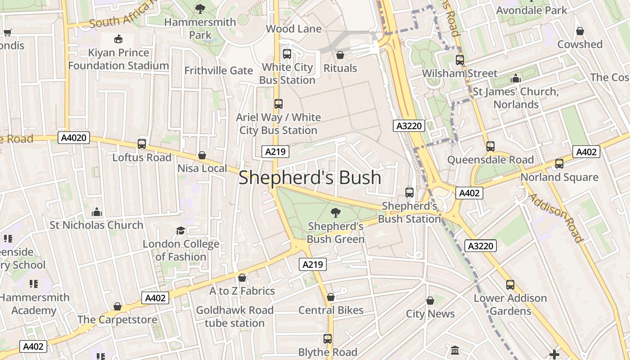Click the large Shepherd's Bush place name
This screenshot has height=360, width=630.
[310, 178]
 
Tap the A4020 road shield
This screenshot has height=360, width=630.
[74, 138]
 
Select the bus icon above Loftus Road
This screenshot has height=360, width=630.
[142, 144]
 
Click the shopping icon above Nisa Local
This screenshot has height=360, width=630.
[202, 155]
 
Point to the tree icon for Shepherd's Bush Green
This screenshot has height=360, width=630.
[335, 212]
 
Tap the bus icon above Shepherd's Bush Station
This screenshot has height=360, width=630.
[409, 193]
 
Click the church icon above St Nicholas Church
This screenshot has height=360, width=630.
[96, 212]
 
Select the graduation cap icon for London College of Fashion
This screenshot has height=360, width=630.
[180, 231]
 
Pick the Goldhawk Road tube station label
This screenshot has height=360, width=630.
[234, 316]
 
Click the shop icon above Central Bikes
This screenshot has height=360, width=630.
[331, 297]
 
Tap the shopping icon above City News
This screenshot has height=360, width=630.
[430, 301]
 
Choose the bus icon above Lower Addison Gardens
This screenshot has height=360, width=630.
[510, 285]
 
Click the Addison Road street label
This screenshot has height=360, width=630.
[555, 217]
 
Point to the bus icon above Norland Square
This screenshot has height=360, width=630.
[559, 164]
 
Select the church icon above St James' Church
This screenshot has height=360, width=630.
[516, 79]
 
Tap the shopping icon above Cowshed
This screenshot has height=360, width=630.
[580, 31]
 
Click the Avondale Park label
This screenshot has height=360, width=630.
[531, 10]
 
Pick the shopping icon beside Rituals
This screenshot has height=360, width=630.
[340, 55]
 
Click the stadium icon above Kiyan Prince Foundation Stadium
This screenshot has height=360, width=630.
[118, 39]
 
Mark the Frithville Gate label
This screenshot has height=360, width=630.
[219, 71]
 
